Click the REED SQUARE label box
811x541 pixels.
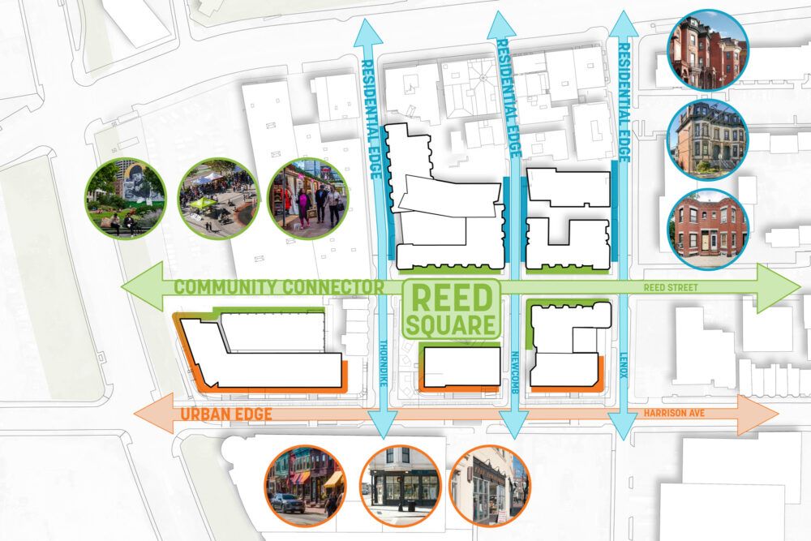pos(451,309)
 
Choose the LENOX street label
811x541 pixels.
pos(623,362)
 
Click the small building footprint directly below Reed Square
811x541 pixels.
pos(461,367)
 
